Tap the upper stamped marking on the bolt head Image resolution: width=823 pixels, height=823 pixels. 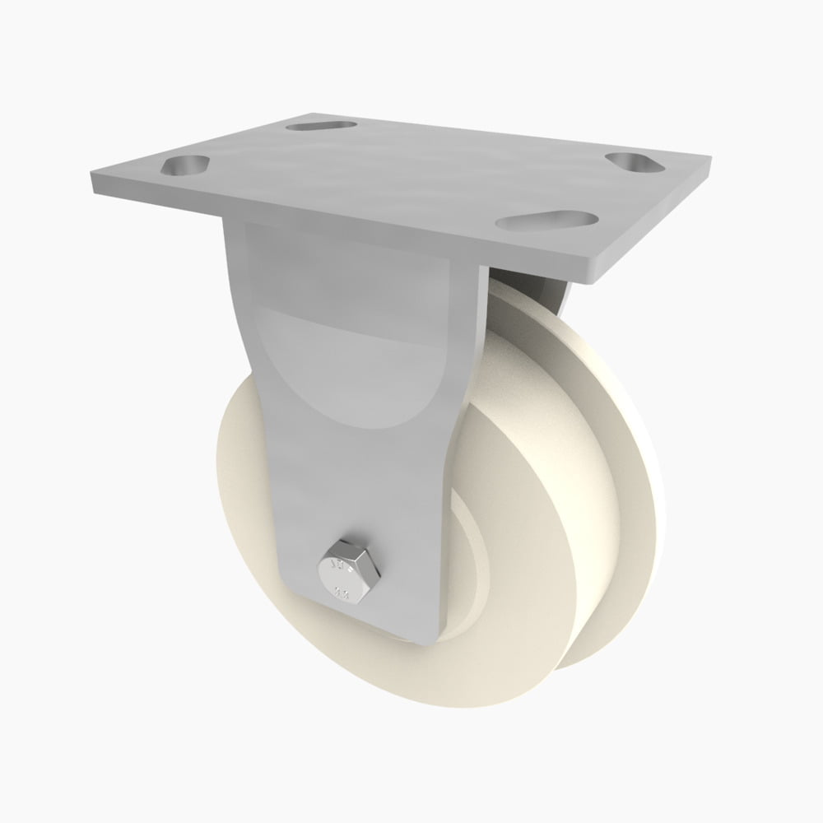337,565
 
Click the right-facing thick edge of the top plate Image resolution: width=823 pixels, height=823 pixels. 658,218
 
